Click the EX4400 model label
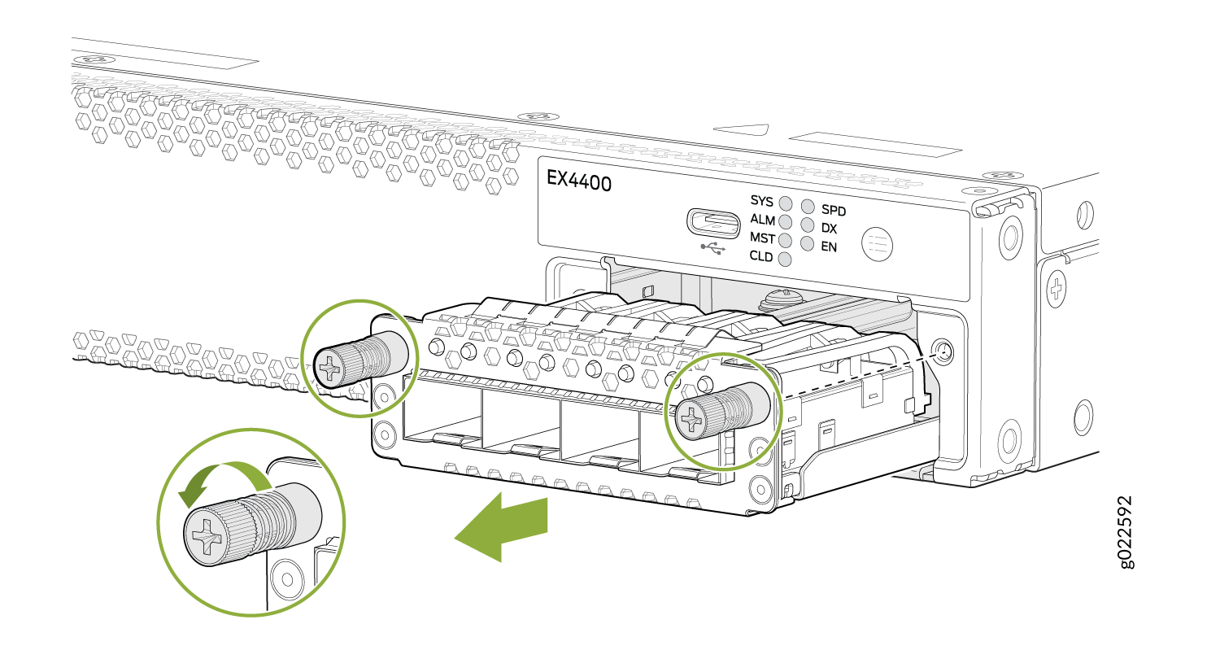click(x=578, y=181)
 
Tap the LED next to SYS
click(x=786, y=203)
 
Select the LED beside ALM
click(x=786, y=221)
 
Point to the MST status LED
click(x=786, y=240)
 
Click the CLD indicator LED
click(x=785, y=260)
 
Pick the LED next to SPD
click(x=807, y=207)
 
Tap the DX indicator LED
click(x=807, y=225)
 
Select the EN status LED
click(x=807, y=243)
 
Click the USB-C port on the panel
click(x=713, y=223)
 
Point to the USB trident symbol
click(x=713, y=249)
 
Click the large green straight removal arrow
click(x=500, y=526)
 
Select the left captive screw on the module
click(x=360, y=360)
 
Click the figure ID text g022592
click(x=1125, y=532)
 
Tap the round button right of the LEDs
click(x=878, y=243)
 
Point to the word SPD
click(x=834, y=210)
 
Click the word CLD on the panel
click(x=760, y=256)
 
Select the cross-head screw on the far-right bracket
click(x=1056, y=289)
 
